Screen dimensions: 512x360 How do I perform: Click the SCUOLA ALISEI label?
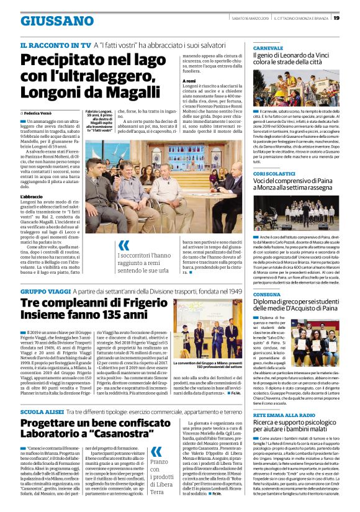[x=45, y=412]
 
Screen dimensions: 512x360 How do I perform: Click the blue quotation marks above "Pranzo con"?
[x=156, y=449]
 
